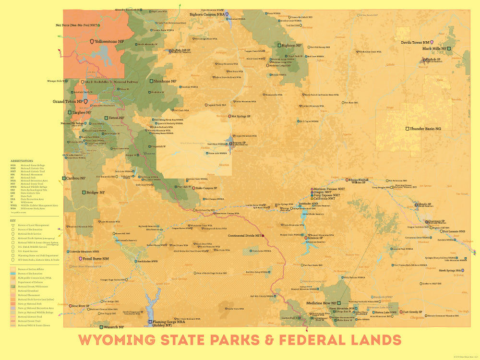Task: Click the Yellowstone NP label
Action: coord(109,42)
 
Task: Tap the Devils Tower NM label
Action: coord(415,42)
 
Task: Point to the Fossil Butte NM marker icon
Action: coord(81,259)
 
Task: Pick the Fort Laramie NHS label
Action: coord(454,231)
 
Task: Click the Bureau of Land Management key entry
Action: coord(34,225)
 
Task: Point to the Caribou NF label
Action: coord(76,178)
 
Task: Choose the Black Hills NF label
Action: coord(434,49)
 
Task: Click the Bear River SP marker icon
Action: coord(69,306)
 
